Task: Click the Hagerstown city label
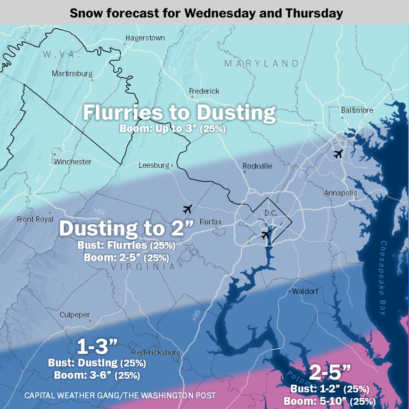tap(145, 38)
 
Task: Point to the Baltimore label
tap(357, 110)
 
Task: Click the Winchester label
tap(73, 161)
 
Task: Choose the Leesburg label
tap(154, 166)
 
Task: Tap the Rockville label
tap(257, 166)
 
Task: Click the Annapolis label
tap(340, 193)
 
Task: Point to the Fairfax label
tap(210, 222)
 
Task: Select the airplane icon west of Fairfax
tap(186, 208)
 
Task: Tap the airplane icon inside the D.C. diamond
tap(266, 234)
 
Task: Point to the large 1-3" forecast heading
tap(97, 347)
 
